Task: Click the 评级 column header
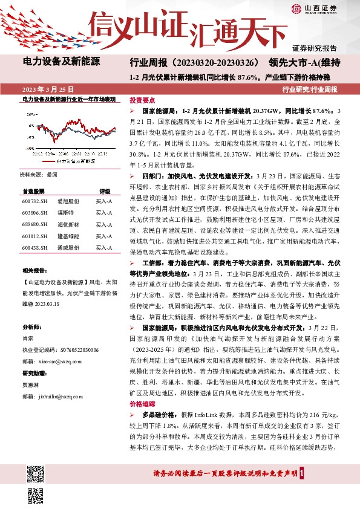[104, 190]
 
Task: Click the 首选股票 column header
[34, 190]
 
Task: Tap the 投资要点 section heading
[143, 101]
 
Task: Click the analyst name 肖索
[27, 338]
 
